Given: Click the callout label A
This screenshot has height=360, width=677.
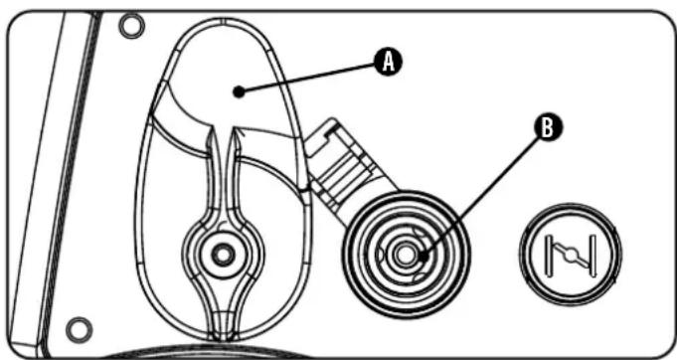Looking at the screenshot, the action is pyautogui.click(x=391, y=62).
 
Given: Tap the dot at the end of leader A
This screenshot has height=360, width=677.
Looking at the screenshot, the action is pyautogui.click(x=238, y=92).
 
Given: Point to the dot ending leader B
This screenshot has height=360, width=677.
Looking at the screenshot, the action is pyautogui.click(x=423, y=256).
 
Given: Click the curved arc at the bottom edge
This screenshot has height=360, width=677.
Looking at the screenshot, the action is pyautogui.click(x=249, y=352).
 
